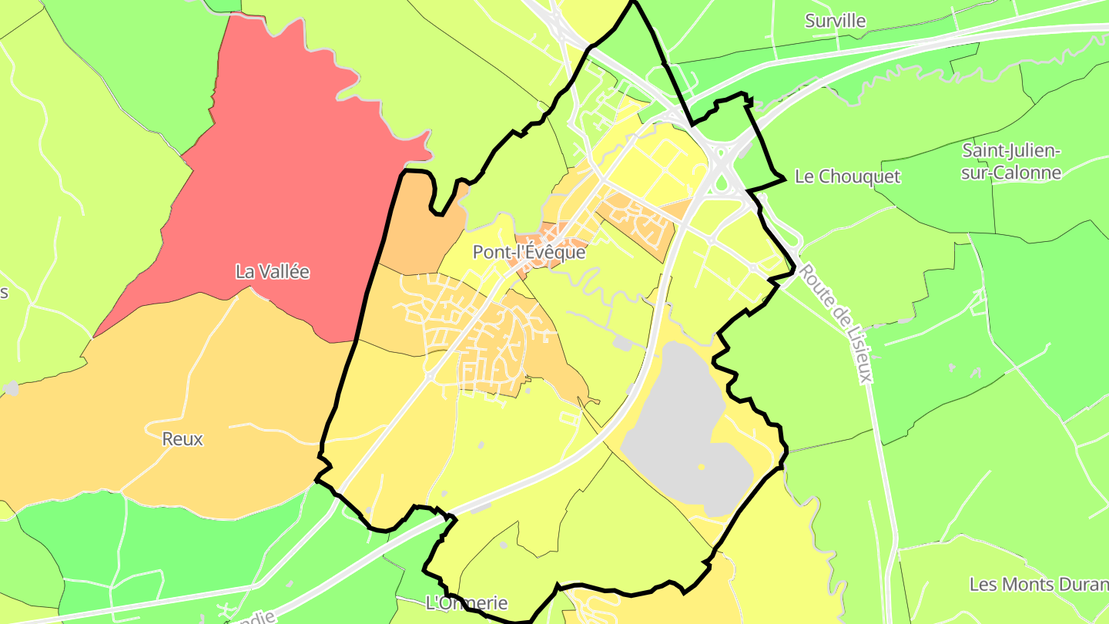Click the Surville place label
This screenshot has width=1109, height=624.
tap(835, 21)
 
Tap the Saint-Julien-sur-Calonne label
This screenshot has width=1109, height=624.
tap(1011, 161)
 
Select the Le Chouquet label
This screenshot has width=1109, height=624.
tap(847, 176)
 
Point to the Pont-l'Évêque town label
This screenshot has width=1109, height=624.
tap(528, 252)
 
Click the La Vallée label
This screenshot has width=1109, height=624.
tap(272, 271)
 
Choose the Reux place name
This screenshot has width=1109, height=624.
tap(183, 439)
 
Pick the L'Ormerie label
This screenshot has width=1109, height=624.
tap(467, 602)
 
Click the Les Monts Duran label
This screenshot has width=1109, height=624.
tap(1038, 584)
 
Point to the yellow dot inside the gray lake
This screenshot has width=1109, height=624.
tap(701, 467)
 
